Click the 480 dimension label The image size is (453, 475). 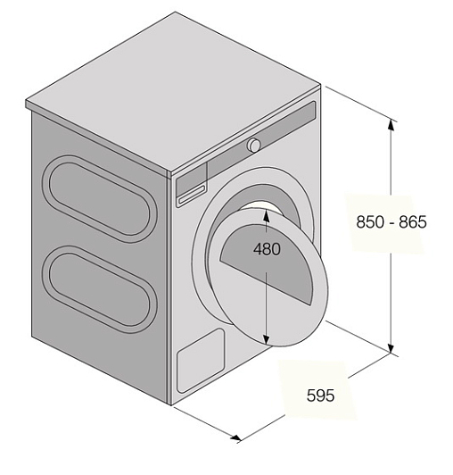(x=267, y=249)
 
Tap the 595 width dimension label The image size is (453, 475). (x=320, y=396)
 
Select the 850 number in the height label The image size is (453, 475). (x=370, y=221)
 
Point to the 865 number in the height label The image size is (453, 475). (x=413, y=221)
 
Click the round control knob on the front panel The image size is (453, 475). (x=253, y=145)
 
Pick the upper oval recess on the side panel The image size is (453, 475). (x=100, y=198)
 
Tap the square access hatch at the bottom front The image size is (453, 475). (x=201, y=361)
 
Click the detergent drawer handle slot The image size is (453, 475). (x=192, y=195)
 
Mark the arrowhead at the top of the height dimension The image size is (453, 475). (x=391, y=125)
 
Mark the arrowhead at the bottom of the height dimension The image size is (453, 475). (x=391, y=347)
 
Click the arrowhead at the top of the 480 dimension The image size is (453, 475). (x=266, y=215)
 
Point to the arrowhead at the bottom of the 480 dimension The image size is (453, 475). (x=266, y=339)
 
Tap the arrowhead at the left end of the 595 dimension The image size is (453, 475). (x=236, y=437)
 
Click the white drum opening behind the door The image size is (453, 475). (x=261, y=207)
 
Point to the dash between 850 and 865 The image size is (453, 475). (x=391, y=223)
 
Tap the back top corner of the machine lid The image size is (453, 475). (x=175, y=12)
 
